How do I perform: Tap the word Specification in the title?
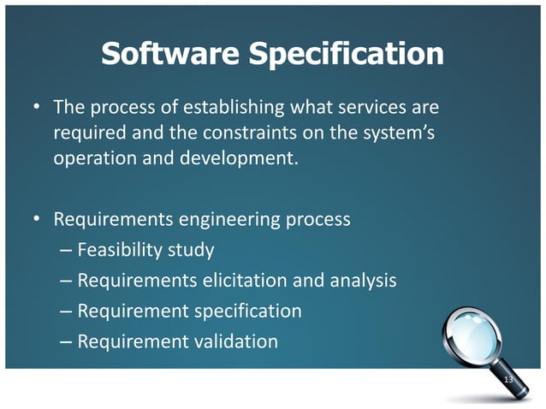coord(345,56)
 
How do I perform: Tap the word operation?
coord(92,158)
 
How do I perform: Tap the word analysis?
coord(361,281)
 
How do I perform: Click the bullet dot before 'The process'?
coord(37,109)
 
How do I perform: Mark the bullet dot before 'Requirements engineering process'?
coord(37,219)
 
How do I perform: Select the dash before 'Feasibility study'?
coord(67,251)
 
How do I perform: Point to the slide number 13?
coord(508,379)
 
